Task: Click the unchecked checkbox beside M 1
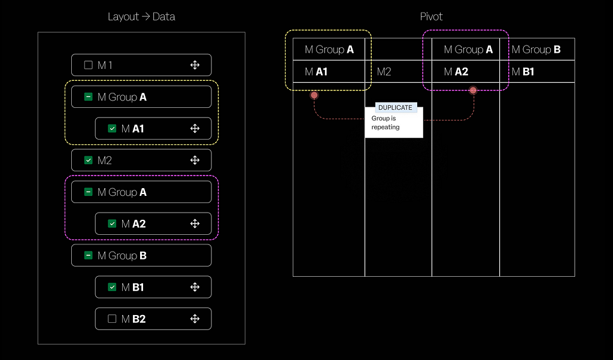click(x=89, y=65)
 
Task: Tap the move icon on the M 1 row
click(x=195, y=65)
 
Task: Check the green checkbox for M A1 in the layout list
click(x=112, y=128)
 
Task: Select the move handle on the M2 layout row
click(x=195, y=160)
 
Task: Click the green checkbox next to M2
click(x=89, y=160)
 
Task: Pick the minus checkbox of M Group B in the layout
click(x=89, y=256)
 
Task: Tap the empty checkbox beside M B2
click(x=112, y=319)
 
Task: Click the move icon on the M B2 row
click(x=195, y=319)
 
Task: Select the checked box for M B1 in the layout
click(x=112, y=287)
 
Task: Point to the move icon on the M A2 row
click(x=195, y=223)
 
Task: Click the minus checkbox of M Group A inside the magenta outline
click(x=89, y=192)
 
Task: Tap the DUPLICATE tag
click(x=395, y=108)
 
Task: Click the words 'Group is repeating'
click(x=386, y=122)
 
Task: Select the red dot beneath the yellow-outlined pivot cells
click(x=314, y=95)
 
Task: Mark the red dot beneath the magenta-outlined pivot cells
click(x=473, y=91)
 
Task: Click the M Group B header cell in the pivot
click(x=537, y=49)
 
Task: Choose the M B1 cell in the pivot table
click(x=537, y=72)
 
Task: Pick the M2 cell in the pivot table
click(x=398, y=72)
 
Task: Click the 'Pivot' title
click(x=431, y=16)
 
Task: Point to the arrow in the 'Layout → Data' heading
click(x=145, y=17)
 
